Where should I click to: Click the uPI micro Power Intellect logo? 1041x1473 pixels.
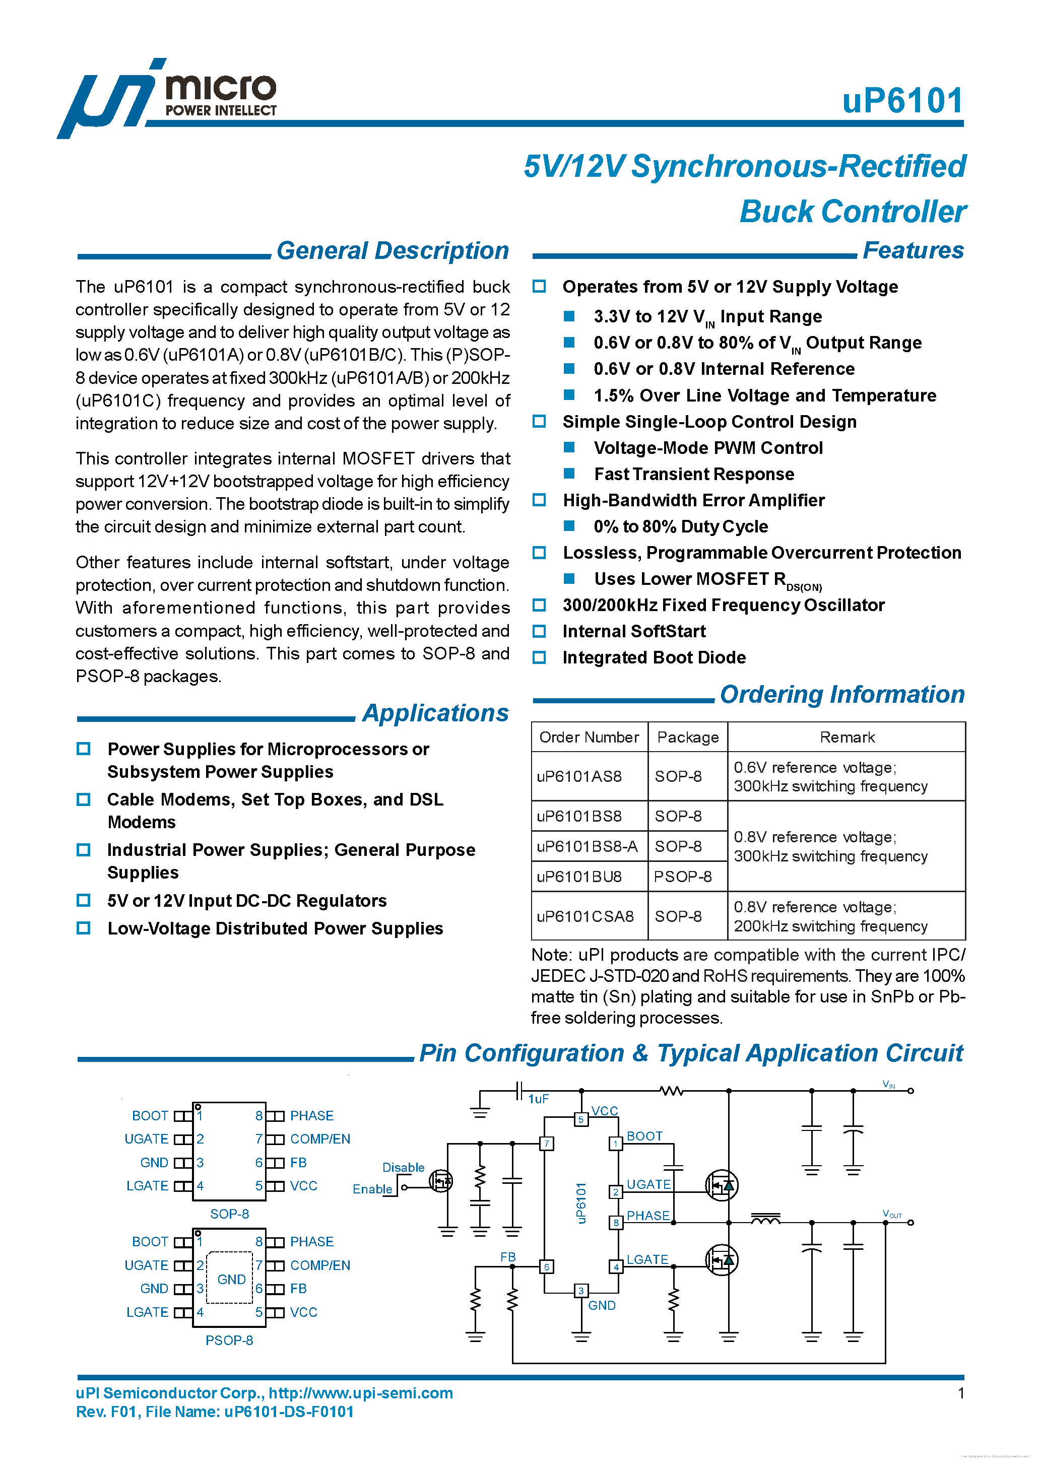167,98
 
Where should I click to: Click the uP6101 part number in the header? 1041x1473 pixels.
902,101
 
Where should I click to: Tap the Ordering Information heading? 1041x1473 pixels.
841,695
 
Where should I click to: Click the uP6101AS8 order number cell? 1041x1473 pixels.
579,777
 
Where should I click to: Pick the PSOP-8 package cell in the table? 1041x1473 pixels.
682,877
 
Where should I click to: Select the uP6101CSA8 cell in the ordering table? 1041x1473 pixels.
584,916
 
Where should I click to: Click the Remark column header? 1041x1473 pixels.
847,737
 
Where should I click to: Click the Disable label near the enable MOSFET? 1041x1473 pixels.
403,1168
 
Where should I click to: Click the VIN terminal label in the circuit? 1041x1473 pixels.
889,1084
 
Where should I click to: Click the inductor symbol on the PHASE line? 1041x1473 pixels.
765,1219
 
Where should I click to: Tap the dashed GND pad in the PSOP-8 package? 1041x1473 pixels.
230,1279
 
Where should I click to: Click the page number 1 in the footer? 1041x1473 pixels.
961,1393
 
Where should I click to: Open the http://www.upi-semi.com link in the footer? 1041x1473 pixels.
361,1393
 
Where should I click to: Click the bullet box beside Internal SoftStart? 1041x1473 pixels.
539,631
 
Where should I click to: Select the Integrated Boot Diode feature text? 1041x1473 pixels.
654,657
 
